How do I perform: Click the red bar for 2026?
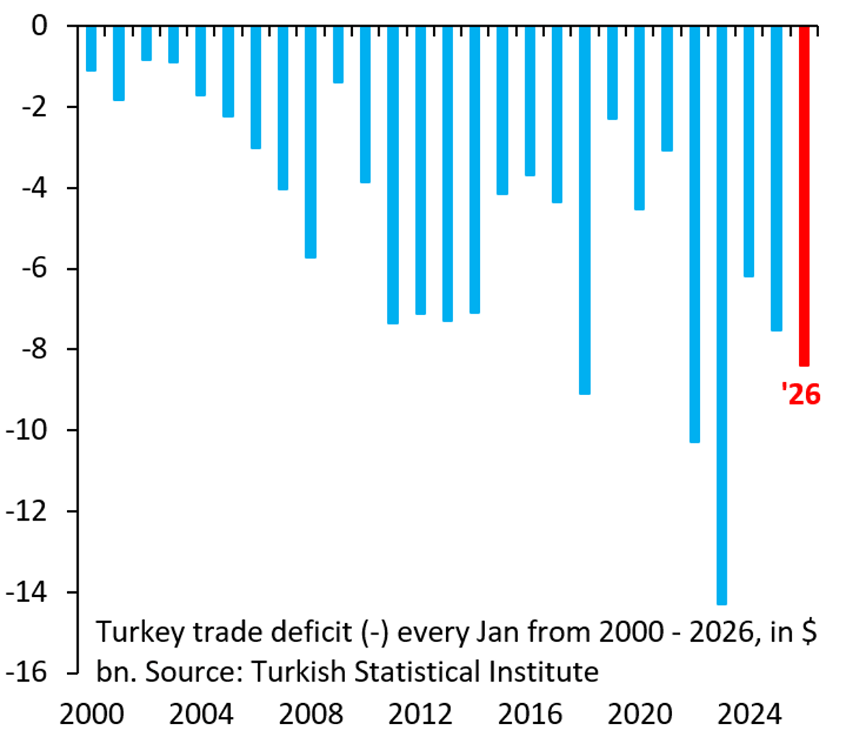[804, 195]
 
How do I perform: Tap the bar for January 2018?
[585, 209]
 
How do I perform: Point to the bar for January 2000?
[91, 48]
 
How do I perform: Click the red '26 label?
[801, 394]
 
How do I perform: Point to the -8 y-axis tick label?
[33, 350]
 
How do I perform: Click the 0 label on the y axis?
[39, 27]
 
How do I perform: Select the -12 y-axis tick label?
[26, 511]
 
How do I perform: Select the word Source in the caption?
[192, 672]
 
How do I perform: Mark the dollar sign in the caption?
[808, 632]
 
